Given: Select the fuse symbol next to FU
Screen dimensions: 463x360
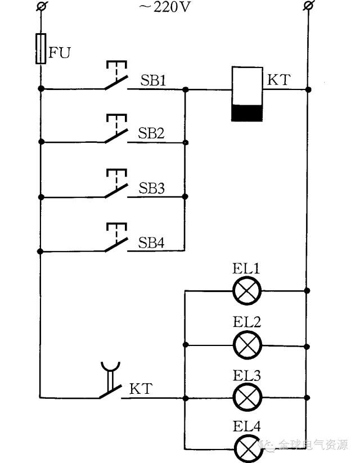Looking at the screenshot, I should [x=40, y=48].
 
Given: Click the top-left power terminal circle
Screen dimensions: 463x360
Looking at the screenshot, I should [x=40, y=6].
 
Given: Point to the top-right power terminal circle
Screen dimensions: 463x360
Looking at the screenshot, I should [x=307, y=6].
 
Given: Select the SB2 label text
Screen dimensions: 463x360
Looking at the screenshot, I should [x=152, y=133].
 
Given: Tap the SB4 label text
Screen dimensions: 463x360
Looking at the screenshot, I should [x=152, y=242].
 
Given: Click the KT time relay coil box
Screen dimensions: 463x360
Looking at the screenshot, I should [x=247, y=94].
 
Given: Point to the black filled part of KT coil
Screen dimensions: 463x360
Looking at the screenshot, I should [x=247, y=113].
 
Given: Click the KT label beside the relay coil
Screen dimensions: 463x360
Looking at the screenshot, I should [x=278, y=80].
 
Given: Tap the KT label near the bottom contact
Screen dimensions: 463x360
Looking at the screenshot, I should [x=141, y=389].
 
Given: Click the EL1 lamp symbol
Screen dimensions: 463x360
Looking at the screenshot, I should [x=247, y=291].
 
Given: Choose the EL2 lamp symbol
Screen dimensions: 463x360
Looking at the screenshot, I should [x=247, y=344].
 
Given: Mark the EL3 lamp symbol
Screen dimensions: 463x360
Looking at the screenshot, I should [x=247, y=397].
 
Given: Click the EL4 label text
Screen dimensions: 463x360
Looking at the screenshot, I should [x=247, y=427].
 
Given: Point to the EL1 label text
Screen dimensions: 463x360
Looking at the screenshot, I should [x=247, y=269].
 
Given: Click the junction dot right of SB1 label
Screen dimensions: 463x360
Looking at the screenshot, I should [x=186, y=89].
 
